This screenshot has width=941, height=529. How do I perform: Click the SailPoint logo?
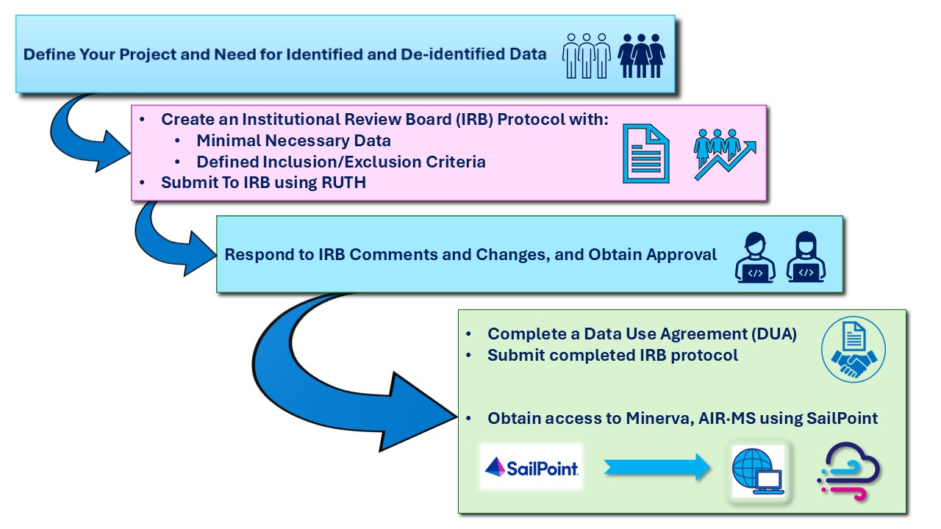(531, 467)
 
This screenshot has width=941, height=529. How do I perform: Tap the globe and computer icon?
(758, 471)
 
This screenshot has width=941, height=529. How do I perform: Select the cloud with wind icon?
(848, 471)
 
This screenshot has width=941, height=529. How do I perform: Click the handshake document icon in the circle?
(853, 349)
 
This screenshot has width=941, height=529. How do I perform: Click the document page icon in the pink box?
(646, 152)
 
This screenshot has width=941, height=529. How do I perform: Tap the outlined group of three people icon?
(587, 55)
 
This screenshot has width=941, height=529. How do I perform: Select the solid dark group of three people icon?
(641, 55)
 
